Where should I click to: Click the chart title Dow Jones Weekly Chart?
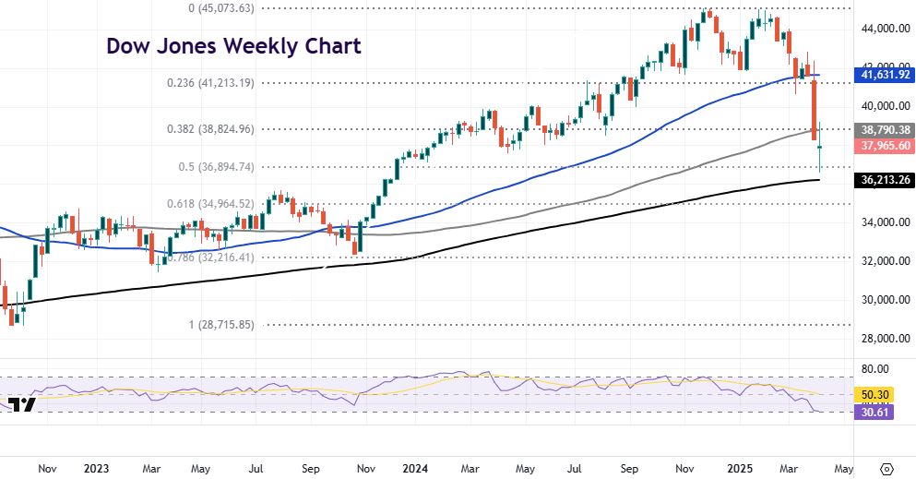tap(233, 45)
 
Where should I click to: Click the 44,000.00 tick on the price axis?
tap(881, 29)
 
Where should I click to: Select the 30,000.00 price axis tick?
tap(881, 299)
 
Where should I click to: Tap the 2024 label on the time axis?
tap(414, 467)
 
